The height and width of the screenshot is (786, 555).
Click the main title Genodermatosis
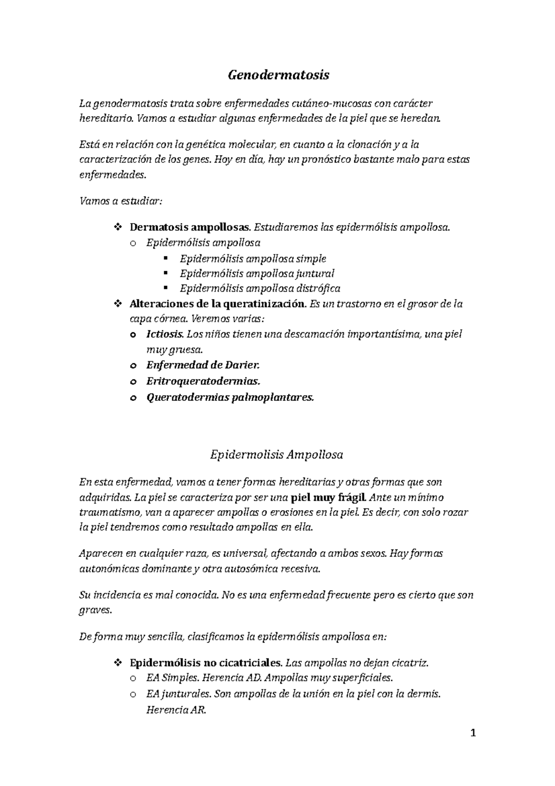(278, 75)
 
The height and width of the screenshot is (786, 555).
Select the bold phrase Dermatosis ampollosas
(190, 227)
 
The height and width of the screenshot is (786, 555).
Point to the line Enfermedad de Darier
(203, 365)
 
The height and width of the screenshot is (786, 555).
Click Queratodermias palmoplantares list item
(230, 397)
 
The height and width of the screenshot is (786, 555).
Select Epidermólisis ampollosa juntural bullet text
(257, 274)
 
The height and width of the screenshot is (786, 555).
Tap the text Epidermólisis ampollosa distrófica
(260, 289)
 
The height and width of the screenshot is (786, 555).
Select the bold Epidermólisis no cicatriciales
(206, 663)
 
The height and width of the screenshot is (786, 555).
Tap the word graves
(95, 611)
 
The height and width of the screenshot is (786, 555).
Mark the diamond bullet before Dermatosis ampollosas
(117, 227)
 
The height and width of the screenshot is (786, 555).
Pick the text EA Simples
(172, 678)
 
